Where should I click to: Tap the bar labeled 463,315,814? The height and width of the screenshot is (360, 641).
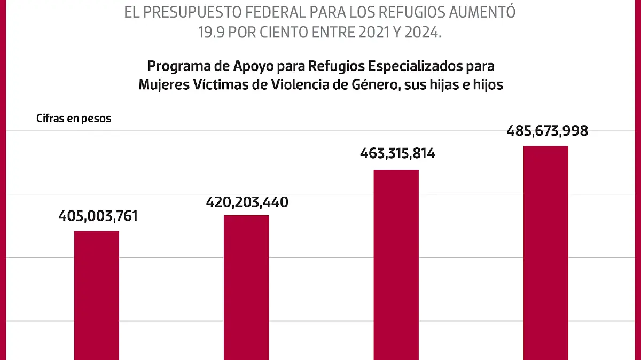(x=396, y=264)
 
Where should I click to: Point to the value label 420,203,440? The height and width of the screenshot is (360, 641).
(x=247, y=202)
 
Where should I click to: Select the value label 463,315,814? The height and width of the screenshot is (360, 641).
(x=396, y=154)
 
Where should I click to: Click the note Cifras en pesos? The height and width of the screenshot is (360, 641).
(x=74, y=119)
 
